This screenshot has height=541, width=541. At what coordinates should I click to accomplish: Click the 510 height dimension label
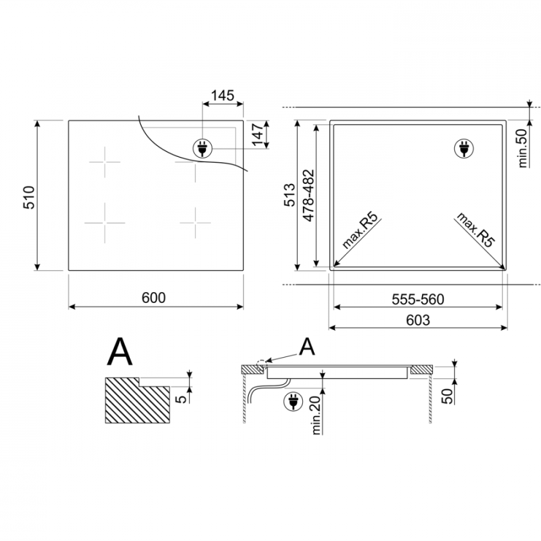coord(29,197)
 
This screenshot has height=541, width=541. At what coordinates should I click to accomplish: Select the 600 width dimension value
coord(153,298)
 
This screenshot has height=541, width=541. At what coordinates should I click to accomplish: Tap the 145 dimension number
coord(222,95)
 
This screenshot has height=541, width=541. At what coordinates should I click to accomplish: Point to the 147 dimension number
coord(257,134)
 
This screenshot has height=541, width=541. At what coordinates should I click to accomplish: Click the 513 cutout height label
coord(290,195)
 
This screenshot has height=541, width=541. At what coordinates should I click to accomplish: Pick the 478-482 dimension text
coord(308,195)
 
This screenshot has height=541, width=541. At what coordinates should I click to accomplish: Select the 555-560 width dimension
coord(418,299)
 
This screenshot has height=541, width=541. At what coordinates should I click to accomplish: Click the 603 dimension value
coord(418,320)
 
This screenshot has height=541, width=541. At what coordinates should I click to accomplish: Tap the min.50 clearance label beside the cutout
coord(523,148)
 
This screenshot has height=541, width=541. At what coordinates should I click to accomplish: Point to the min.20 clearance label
coord(316,414)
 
